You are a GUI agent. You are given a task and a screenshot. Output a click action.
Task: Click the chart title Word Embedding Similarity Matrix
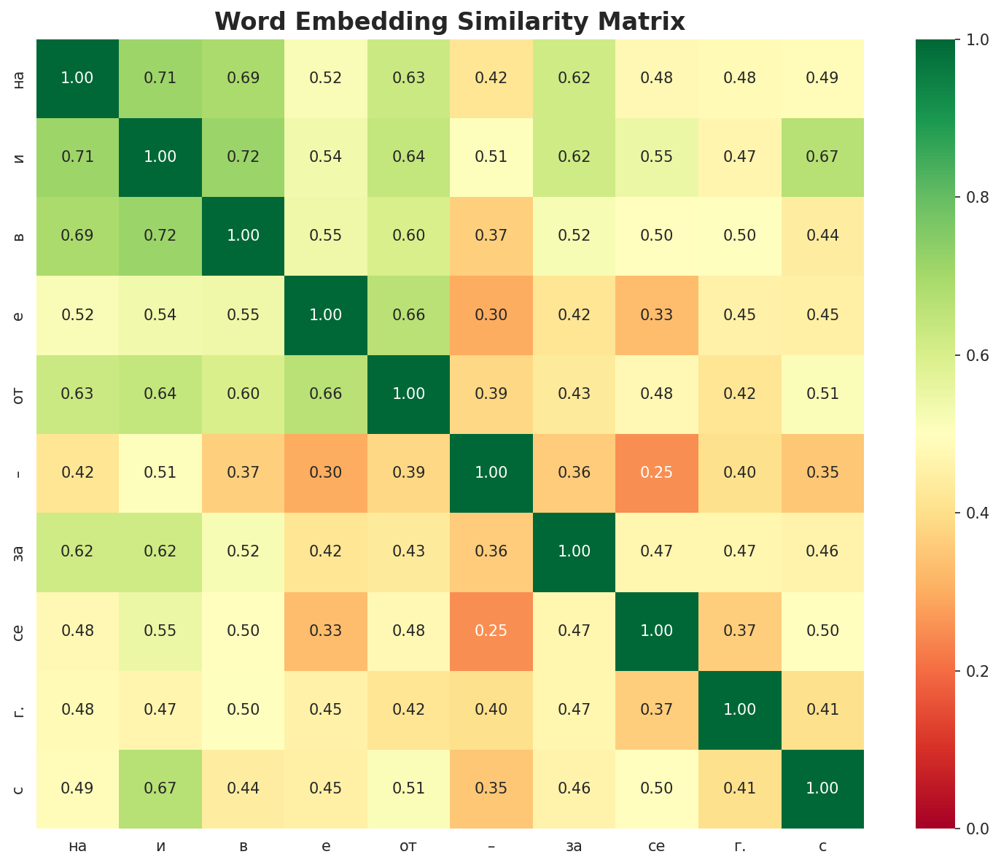[450, 22]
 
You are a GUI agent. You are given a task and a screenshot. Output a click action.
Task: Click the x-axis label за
[574, 846]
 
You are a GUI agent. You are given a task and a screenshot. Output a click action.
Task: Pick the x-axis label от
[408, 846]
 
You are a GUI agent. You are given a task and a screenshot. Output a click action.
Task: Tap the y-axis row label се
[20, 631]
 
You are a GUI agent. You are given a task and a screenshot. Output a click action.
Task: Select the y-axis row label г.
[20, 710]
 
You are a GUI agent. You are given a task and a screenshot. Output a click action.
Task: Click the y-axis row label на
[20, 78]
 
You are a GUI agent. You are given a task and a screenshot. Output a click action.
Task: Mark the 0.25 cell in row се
[491, 631]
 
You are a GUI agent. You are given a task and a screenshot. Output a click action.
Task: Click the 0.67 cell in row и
[822, 157]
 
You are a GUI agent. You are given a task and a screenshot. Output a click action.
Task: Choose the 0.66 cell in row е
[408, 315]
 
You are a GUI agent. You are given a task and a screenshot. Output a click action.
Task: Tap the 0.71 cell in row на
[160, 78]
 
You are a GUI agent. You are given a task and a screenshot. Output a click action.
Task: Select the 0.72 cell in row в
[160, 236]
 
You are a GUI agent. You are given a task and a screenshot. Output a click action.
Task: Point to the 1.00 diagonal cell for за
[574, 551]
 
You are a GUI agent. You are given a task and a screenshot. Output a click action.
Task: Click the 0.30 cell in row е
[491, 315]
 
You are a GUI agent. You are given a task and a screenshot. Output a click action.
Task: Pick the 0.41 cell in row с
[739, 788]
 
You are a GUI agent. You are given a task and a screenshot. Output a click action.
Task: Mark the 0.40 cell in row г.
[491, 710]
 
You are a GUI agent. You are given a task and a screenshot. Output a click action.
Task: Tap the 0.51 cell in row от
[822, 394]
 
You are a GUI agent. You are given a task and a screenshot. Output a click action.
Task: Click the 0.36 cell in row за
[491, 551]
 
